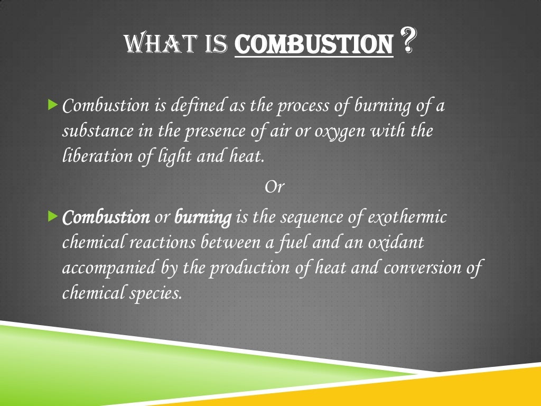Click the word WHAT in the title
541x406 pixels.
pos(154,44)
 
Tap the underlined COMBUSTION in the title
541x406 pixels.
pos(314,45)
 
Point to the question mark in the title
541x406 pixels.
pos(407,43)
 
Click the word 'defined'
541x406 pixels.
pos(198,106)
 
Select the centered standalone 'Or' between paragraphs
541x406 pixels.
pos(274,187)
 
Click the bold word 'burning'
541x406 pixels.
pos(203,217)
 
